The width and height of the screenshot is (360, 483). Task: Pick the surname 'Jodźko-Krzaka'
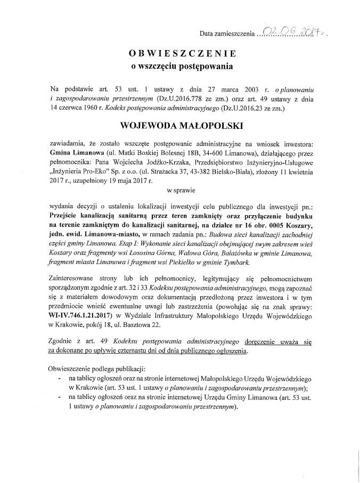(197, 162)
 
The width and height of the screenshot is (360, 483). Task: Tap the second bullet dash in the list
(58, 397)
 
